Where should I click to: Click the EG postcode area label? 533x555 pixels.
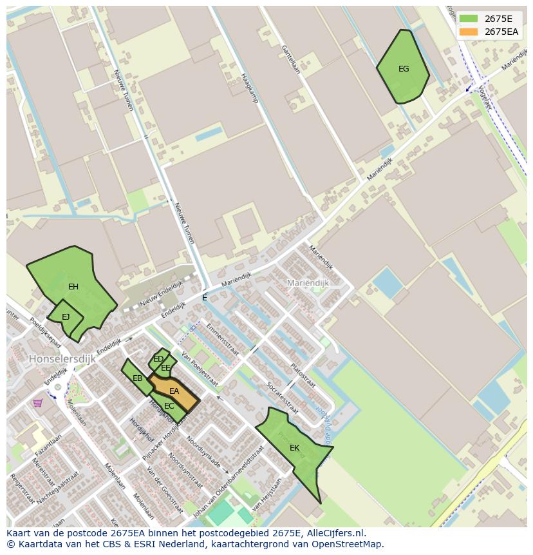404,69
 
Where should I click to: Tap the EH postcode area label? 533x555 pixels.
73,287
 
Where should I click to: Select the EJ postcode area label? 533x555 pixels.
66,316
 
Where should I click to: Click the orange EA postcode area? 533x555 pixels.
174,391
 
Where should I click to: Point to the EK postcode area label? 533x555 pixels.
294,448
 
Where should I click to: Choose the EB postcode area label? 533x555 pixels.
137,378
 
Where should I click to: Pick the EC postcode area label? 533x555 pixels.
169,406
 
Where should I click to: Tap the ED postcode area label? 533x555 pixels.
158,359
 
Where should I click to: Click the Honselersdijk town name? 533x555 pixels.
62,358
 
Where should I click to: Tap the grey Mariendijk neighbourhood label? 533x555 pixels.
308,283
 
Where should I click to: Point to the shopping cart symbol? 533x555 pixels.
38,403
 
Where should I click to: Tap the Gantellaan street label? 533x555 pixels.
290,59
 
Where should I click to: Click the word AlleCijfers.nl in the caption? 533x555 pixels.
335,533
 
